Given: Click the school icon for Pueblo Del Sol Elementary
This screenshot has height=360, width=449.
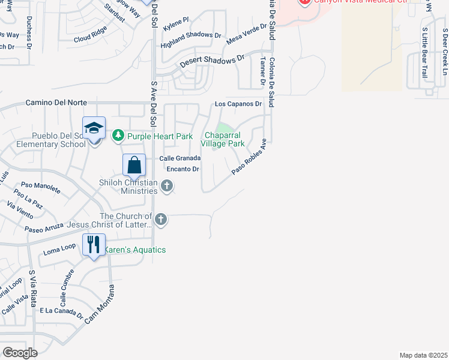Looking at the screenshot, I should point(94,128).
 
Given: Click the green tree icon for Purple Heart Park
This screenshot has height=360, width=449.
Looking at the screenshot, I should point(118,136).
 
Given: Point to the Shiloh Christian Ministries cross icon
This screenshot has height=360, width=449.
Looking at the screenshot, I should point(167,187).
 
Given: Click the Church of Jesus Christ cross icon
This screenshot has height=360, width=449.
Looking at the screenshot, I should point(160,220).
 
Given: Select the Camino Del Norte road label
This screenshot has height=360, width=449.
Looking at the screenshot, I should point(56,103).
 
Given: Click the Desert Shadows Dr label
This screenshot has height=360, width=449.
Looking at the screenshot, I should point(213,61).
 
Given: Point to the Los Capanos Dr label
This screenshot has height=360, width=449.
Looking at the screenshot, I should point(239,104).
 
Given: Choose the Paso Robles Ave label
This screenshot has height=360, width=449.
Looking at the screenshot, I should point(249,157).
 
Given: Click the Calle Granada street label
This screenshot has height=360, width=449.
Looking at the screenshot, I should point(179,158).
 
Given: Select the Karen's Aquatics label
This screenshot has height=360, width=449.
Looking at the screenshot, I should point(136,250).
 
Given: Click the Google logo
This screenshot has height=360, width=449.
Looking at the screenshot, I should point(20,352).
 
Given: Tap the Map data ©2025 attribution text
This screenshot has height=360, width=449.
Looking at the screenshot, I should point(423,355).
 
